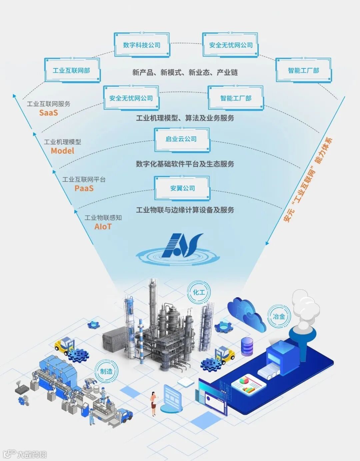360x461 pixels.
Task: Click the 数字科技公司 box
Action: pyautogui.click(x=142, y=45)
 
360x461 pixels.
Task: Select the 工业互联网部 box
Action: pyautogui.click(x=72, y=70)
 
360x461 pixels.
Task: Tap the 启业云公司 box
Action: pyautogui.click(x=181, y=139)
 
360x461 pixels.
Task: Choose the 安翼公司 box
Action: pyautogui.click(x=182, y=188)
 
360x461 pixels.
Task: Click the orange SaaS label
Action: pyautogui.click(x=49, y=113)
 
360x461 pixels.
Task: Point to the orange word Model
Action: pyautogui.click(x=62, y=151)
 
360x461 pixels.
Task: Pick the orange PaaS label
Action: pyautogui.click(x=84, y=188)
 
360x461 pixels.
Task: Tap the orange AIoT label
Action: pyautogui.click(x=103, y=227)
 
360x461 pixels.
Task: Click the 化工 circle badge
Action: pyautogui.click(x=199, y=293)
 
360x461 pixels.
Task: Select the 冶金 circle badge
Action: pyautogui.click(x=279, y=316)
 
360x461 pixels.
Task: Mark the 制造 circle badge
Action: pyautogui.click(x=106, y=371)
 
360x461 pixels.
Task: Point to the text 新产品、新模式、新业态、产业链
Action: pyautogui.click(x=185, y=72)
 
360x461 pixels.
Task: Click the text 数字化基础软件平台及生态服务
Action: pyautogui.click(x=185, y=164)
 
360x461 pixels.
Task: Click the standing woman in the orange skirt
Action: pyautogui.click(x=154, y=403)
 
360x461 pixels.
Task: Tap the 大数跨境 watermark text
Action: pyautogui.click(x=32, y=454)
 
